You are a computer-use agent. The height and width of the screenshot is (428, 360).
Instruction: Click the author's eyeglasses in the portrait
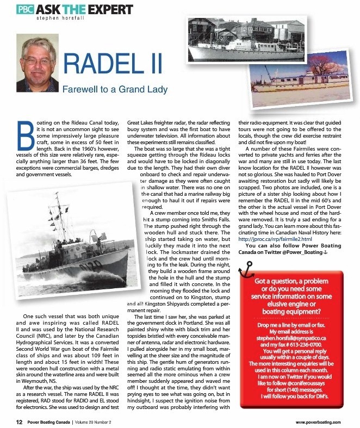click(x=38, y=61)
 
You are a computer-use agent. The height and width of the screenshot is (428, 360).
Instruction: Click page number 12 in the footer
click(x=19, y=421)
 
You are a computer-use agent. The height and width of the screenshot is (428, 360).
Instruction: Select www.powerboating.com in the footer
click(x=318, y=421)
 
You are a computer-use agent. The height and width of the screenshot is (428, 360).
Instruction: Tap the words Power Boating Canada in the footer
click(x=53, y=421)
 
